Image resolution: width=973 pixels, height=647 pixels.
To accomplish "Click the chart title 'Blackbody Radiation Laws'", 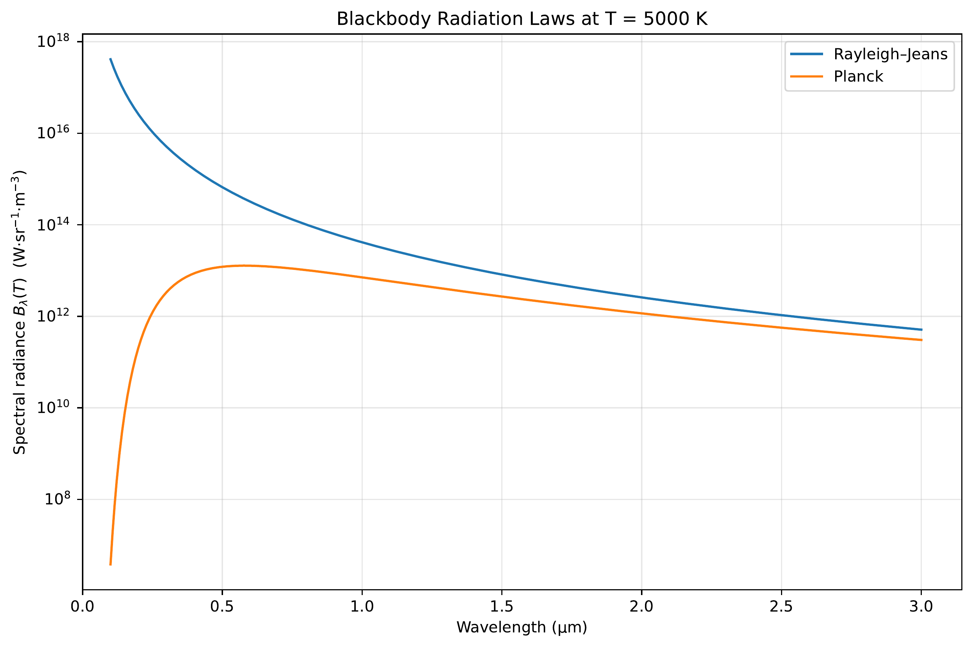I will (522, 19).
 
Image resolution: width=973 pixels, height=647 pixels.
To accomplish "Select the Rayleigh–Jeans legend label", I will (890, 54).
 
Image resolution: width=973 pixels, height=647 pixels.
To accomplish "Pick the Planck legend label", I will (858, 76).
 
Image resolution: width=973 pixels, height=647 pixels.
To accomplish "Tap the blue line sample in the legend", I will (806, 54).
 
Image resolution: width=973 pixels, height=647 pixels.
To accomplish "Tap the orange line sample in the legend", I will (806, 76).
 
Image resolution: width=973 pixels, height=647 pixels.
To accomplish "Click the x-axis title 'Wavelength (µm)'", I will (522, 627).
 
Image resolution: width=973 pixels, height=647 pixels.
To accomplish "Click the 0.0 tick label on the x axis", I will (83, 606).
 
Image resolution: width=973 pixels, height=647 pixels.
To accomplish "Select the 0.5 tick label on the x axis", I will (222, 606).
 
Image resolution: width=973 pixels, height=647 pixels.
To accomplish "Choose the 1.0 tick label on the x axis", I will (362, 606).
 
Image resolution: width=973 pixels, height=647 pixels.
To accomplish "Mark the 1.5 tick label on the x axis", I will (502, 606).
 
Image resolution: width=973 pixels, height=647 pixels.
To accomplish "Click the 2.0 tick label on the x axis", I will (641, 606).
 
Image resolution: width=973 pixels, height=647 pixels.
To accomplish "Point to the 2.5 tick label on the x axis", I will (781, 606).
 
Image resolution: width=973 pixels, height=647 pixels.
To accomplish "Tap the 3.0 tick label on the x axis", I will (921, 606).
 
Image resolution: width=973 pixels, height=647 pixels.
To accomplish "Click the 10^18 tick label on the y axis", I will (53, 42).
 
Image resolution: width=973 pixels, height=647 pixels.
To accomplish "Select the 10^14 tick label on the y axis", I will (53, 225).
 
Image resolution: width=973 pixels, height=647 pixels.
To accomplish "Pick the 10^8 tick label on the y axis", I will (57, 499).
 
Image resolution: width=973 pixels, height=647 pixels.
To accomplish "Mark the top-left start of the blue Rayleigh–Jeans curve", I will (110, 59).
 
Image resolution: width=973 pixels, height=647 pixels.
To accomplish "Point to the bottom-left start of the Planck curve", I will (110, 564).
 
